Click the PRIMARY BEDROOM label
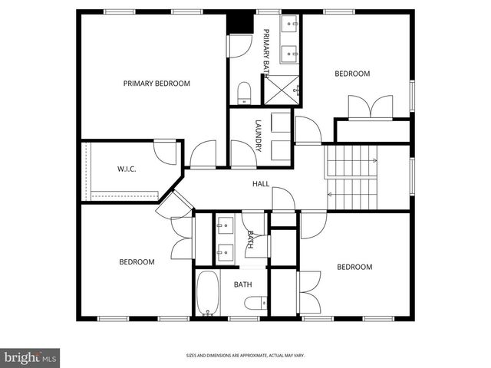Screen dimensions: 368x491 pyautogui.click(x=157, y=83)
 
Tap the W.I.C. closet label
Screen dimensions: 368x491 pyautogui.click(x=127, y=169)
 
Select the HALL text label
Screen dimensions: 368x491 pyautogui.click(x=261, y=184)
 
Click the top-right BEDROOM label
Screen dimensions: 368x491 pyautogui.click(x=352, y=74)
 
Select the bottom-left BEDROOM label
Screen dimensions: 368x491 pyautogui.click(x=137, y=262)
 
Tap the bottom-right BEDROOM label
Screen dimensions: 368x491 pyautogui.click(x=354, y=267)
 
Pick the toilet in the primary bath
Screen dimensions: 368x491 pyautogui.click(x=244, y=94)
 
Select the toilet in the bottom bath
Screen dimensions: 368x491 pyautogui.click(x=254, y=303)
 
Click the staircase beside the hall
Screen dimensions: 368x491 pyautogui.click(x=352, y=177)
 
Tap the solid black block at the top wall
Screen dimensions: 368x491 pyautogui.click(x=240, y=23)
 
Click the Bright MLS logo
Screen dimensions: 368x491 pyautogui.click(x=30, y=356)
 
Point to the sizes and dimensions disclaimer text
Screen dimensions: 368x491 pyautogui.click(x=245, y=356)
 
